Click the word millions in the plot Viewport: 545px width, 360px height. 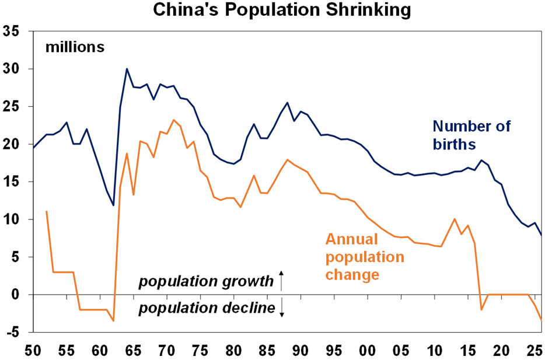(75, 47)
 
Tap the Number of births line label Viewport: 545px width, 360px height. (471, 134)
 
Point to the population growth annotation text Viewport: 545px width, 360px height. (206, 282)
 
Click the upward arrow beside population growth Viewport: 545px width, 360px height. (281, 280)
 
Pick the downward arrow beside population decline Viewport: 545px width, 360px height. (281, 307)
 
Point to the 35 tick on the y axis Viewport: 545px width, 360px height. (12, 32)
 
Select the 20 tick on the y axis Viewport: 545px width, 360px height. (12, 144)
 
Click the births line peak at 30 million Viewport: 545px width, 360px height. (127, 69)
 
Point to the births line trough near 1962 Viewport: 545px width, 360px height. (113, 205)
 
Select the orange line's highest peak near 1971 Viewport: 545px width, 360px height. (173, 120)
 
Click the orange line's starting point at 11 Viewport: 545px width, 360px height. (46, 211)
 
